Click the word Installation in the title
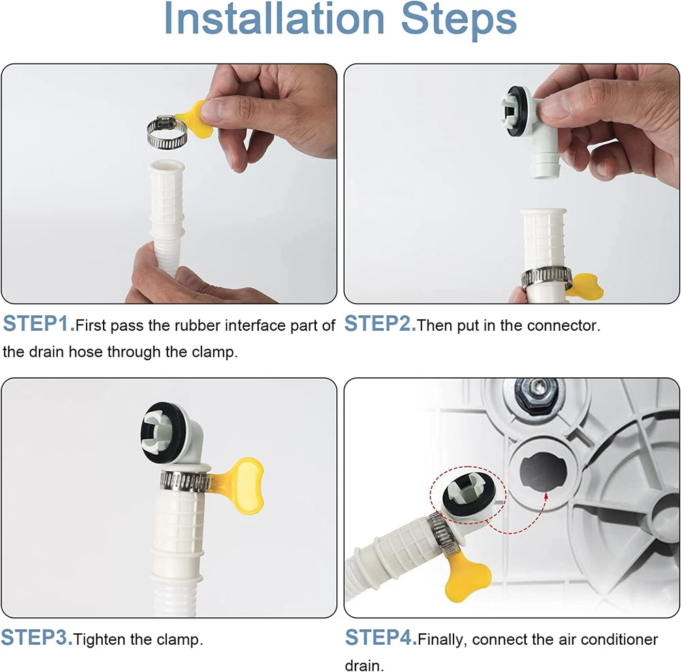click(x=274, y=19)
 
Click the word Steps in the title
click(x=459, y=21)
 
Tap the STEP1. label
click(x=39, y=324)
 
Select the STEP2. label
click(x=380, y=324)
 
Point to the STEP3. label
click(x=37, y=638)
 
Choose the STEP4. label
click(x=381, y=638)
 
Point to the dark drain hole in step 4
click(x=543, y=472)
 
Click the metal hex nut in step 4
click(x=536, y=393)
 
